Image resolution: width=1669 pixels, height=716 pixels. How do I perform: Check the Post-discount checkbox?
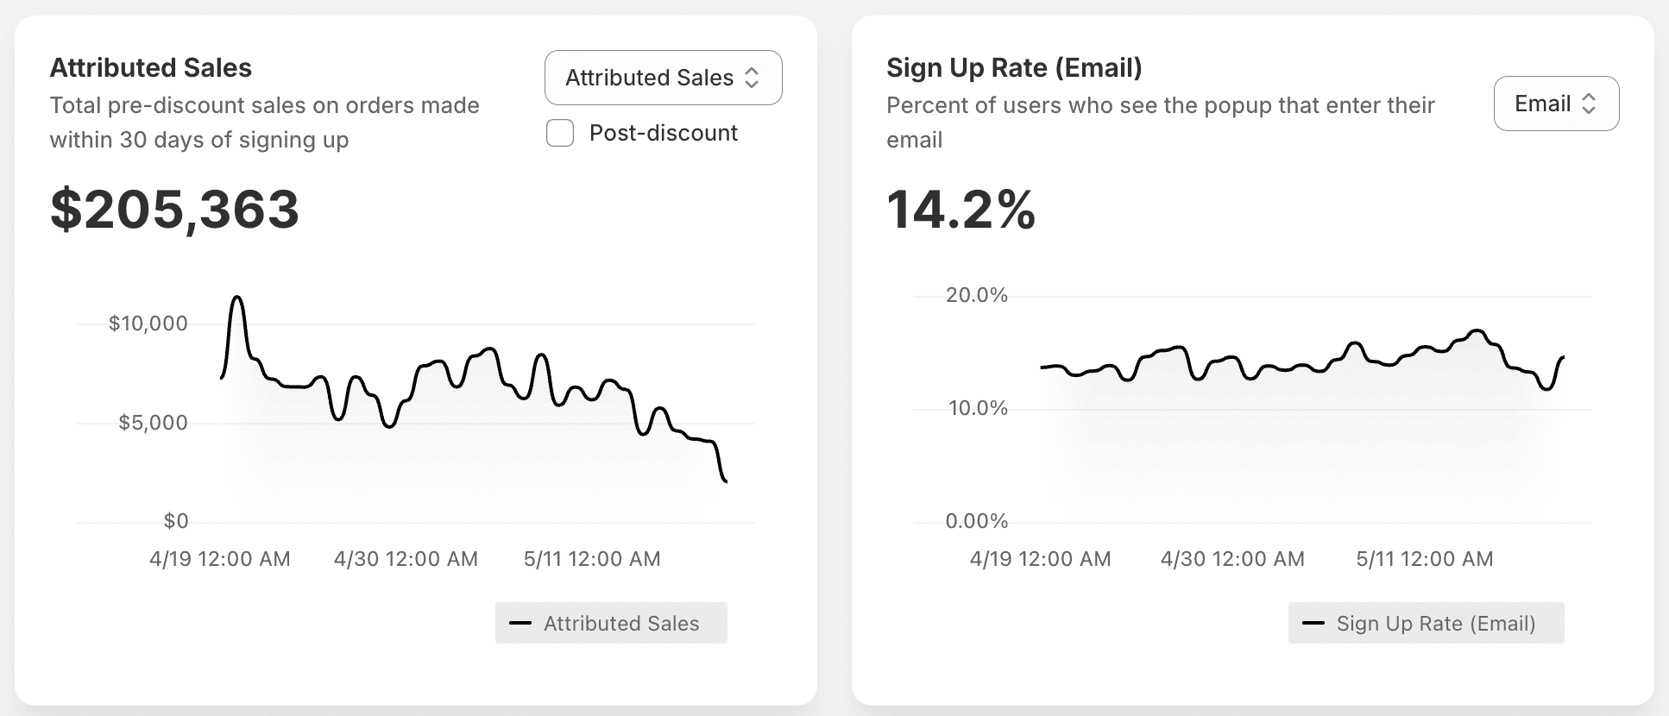[x=560, y=133]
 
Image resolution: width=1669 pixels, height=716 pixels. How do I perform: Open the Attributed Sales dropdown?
[x=664, y=78]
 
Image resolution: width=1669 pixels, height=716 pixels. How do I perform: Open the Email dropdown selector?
[x=1556, y=104]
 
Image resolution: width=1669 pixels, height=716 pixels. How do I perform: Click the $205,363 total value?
[x=175, y=210]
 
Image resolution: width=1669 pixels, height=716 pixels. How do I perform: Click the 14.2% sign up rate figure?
[x=960, y=210]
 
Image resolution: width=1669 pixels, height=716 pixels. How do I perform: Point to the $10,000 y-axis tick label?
[x=148, y=323]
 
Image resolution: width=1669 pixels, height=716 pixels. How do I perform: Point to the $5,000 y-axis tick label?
[x=154, y=423]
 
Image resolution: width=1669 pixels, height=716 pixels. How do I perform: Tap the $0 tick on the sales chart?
[x=176, y=521]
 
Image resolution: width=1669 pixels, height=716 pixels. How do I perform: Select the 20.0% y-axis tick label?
[x=977, y=295]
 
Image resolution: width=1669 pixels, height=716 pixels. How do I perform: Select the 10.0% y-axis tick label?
[x=978, y=408]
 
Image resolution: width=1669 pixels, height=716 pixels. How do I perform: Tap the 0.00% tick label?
[x=977, y=521]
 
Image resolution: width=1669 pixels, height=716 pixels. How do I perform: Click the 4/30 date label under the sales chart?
[x=406, y=559]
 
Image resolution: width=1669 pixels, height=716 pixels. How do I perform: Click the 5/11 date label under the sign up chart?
[x=1425, y=559]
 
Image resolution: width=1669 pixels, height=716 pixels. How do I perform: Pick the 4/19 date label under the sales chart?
[x=220, y=559]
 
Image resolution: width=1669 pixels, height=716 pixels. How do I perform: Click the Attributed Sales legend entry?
[x=611, y=623]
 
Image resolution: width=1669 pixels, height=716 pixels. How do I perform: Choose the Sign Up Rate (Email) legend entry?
[x=1426, y=623]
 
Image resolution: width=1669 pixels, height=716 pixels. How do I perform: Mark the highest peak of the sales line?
[x=236, y=298]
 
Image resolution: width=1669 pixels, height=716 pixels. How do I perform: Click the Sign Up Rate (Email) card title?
[x=1014, y=67]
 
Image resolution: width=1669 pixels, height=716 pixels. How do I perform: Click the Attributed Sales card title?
[x=151, y=67]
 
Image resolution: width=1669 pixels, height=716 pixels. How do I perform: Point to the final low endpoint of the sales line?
[x=726, y=481]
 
